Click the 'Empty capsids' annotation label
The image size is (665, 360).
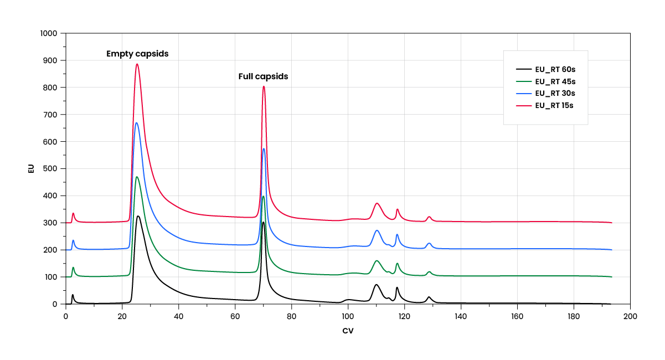coord(137,54)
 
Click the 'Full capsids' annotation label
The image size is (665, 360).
coord(263,76)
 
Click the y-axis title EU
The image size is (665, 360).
coord(31,168)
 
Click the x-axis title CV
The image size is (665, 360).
coord(348,331)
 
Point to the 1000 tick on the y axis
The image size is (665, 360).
coord(49,33)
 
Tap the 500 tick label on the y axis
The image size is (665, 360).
coord(51,168)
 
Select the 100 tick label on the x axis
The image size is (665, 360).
coord(348,316)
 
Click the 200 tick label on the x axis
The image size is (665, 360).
coord(630,316)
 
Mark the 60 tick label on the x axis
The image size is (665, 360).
coord(235,316)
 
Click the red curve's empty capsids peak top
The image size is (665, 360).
coord(137,64)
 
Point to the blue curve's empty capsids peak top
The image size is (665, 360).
coord(136,123)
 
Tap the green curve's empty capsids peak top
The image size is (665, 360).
coord(137,177)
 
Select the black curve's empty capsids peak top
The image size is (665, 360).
coord(138,216)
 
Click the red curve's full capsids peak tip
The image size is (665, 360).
coord(264,86)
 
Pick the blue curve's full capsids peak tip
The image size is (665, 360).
coord(264,148)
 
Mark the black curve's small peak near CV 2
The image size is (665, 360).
coord(73,295)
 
